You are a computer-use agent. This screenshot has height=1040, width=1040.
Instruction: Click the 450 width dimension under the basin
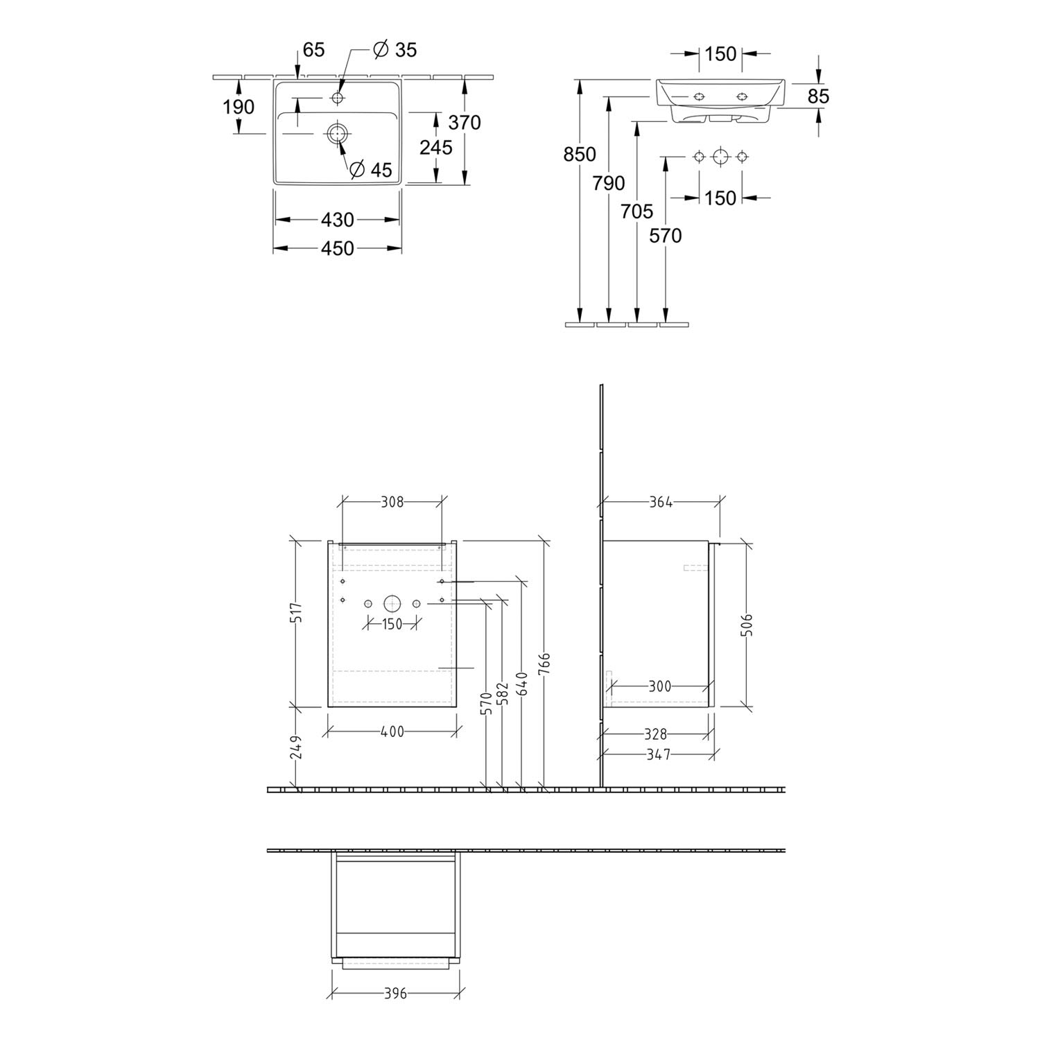click(338, 248)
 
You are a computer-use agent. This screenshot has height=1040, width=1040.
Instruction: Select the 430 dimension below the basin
click(338, 220)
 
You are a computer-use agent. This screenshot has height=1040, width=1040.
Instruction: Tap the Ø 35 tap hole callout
click(395, 50)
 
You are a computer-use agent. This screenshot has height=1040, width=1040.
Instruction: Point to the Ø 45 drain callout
click(371, 170)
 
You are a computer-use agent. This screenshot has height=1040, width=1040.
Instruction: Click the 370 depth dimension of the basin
click(465, 123)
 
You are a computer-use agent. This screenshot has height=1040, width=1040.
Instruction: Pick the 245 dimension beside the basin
click(436, 148)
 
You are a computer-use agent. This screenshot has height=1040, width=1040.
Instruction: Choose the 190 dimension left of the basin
click(239, 107)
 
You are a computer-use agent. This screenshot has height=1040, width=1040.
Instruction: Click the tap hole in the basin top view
click(338, 98)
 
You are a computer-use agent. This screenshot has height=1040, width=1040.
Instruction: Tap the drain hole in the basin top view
click(338, 133)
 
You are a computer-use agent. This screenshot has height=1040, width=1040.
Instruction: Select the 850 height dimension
click(580, 154)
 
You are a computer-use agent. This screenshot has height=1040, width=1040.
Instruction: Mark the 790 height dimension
click(609, 183)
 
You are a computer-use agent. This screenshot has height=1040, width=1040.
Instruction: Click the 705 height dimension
click(637, 211)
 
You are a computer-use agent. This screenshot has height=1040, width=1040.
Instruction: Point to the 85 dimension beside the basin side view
click(819, 96)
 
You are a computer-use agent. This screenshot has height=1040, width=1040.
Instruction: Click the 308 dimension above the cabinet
click(392, 502)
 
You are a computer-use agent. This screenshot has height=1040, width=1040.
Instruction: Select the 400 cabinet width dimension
click(392, 731)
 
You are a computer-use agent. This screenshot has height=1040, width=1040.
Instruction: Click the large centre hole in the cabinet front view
click(392, 604)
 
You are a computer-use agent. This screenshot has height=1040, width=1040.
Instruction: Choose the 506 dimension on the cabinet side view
click(747, 625)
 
